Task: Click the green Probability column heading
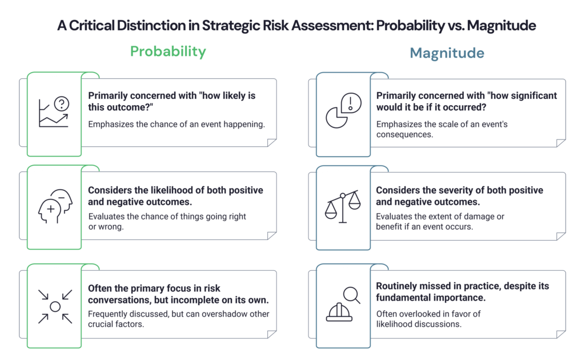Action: pyautogui.click(x=168, y=52)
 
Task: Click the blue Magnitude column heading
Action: pyautogui.click(x=447, y=53)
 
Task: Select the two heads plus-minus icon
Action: pyautogui.click(x=54, y=207)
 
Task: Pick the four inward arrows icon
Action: pyautogui.click(x=55, y=306)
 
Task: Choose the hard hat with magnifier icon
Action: pyautogui.click(x=342, y=305)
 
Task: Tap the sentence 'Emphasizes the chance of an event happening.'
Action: pyautogui.click(x=176, y=125)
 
